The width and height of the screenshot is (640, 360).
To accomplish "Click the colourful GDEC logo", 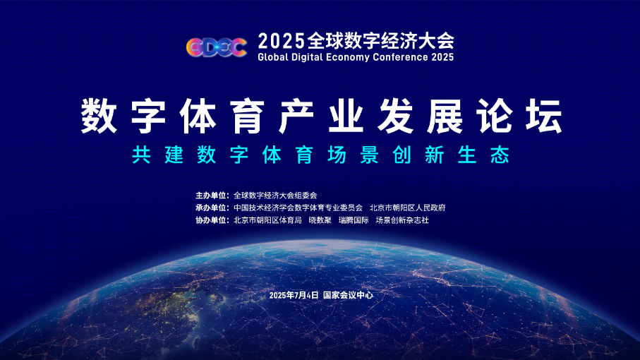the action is click(x=217, y=47).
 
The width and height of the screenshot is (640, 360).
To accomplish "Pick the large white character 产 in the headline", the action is click(x=297, y=116).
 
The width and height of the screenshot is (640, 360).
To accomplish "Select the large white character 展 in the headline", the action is click(x=445, y=116).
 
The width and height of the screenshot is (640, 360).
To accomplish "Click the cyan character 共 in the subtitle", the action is click(x=141, y=155).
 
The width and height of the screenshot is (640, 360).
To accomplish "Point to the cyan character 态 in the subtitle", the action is click(x=500, y=155).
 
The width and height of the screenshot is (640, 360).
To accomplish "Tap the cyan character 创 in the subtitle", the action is click(x=402, y=155).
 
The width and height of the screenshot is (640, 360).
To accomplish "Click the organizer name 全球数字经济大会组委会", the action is click(x=275, y=196).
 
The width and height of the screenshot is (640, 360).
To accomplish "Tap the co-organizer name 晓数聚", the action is click(x=320, y=220).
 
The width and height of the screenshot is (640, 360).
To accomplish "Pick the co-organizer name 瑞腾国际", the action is click(x=354, y=220).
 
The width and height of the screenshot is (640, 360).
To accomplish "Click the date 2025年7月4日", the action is click(x=294, y=295).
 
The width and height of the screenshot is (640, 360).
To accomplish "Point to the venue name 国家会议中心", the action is click(x=348, y=295).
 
